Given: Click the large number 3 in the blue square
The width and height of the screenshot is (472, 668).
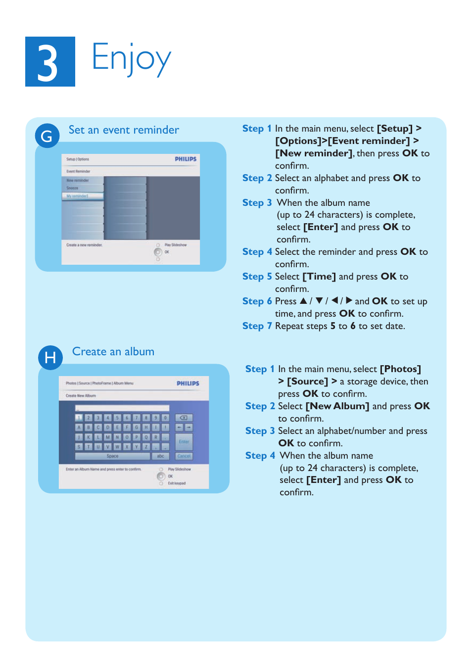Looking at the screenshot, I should (48, 62).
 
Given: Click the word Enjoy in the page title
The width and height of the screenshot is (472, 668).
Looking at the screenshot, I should (131, 59).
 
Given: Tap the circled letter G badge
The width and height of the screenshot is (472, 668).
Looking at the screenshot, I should (47, 136).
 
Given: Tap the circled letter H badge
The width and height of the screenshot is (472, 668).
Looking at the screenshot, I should (50, 357).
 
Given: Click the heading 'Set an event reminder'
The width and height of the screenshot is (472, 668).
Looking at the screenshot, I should (124, 130).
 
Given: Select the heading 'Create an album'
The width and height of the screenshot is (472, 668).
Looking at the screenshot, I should (113, 352).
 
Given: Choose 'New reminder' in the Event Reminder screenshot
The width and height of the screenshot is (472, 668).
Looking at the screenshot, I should (78, 181).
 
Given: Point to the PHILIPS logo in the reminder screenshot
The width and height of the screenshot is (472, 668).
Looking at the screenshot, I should (186, 159).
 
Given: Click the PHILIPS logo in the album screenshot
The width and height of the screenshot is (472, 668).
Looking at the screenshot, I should (188, 383).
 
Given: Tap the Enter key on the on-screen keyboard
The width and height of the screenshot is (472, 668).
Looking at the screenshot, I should (184, 441).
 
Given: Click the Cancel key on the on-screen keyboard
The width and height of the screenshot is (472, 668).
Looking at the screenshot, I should (184, 456).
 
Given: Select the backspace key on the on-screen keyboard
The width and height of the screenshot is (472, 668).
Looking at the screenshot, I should (184, 418).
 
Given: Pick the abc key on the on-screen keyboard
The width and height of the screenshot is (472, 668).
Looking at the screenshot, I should (160, 456).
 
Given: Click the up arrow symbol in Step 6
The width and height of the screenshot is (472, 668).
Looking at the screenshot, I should (303, 301).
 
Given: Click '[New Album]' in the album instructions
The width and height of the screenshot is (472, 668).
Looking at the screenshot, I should (337, 406).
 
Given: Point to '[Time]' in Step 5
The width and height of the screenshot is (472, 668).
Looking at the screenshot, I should (319, 277).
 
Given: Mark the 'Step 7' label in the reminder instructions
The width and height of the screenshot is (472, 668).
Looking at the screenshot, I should (257, 326).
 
